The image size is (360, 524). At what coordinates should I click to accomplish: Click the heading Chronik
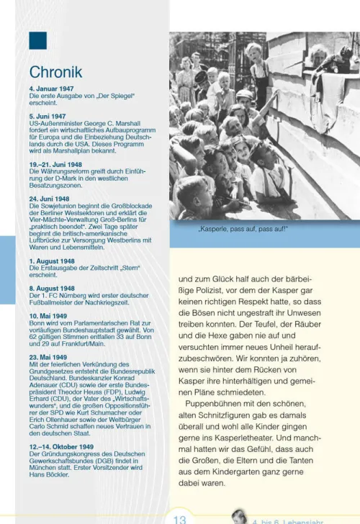pos(55,72)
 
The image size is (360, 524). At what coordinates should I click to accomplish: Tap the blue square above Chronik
pos(37,40)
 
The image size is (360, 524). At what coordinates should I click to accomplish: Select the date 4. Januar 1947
pos(53,89)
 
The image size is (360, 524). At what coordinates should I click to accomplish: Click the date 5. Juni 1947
pos(48,116)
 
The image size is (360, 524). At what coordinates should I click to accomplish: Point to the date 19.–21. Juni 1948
pos(56,164)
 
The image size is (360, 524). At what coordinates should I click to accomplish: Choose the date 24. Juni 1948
pos(49,198)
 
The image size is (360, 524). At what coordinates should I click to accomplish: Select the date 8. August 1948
pos(52,288)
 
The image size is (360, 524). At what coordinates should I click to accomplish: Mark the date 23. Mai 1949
pos(48,357)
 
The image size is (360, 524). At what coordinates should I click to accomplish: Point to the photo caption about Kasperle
pos(243,230)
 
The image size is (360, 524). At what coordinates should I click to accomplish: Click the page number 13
pos(181,517)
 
